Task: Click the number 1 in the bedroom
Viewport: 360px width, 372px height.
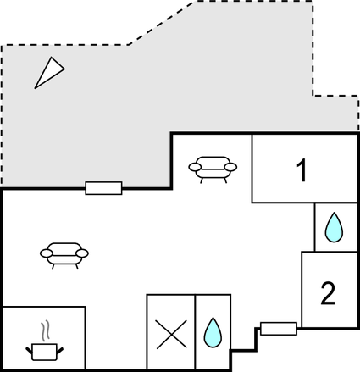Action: point(302,170)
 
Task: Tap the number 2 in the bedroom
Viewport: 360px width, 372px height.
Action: point(328,293)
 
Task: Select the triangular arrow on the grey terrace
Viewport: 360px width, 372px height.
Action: point(48,74)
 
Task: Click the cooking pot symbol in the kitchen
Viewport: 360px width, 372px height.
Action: point(45,352)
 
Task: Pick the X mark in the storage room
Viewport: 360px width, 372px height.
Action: point(171,334)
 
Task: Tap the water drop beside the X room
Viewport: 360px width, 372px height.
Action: point(213,332)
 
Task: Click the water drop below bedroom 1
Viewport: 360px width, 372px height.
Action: point(334,227)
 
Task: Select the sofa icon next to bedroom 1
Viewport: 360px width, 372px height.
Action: point(213,169)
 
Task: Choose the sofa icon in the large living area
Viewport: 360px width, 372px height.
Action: point(64,256)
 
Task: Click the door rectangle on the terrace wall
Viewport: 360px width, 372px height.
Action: point(104,188)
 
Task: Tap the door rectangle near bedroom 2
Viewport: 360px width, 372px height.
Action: point(279,329)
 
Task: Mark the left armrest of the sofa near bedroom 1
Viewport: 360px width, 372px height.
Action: point(195,167)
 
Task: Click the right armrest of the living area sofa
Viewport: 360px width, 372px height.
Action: point(82,253)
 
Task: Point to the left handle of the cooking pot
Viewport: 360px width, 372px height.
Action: point(29,350)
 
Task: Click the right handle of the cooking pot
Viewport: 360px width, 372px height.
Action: point(60,351)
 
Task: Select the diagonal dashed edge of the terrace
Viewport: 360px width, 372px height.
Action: point(161,23)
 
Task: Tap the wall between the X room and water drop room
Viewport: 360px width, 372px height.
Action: point(195,332)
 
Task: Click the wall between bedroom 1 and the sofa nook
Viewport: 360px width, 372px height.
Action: point(252,169)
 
